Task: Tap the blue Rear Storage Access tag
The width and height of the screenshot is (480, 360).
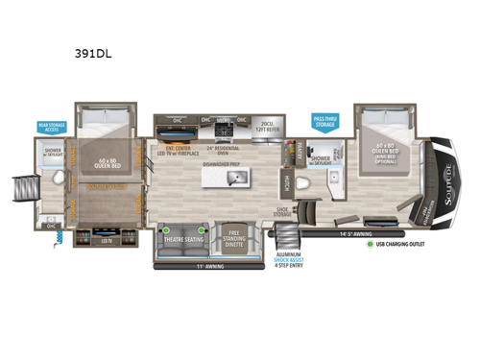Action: point(51,128)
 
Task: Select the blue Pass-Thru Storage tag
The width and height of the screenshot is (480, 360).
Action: point(325,120)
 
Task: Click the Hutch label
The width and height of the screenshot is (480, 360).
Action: point(288,180)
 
